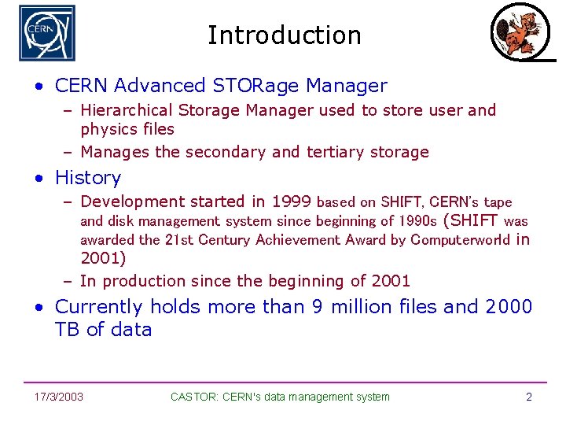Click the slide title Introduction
pos(284,35)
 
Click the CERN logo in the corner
pos(47,33)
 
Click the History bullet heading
pos(88,178)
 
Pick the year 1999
pos(291,201)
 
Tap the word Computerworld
pos(460,239)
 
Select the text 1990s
pos(418,221)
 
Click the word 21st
pos(178,239)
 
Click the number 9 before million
pos(317,306)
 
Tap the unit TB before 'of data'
pos(68,329)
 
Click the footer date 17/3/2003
pos(60,397)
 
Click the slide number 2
pos(528,397)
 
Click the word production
pos(142,281)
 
